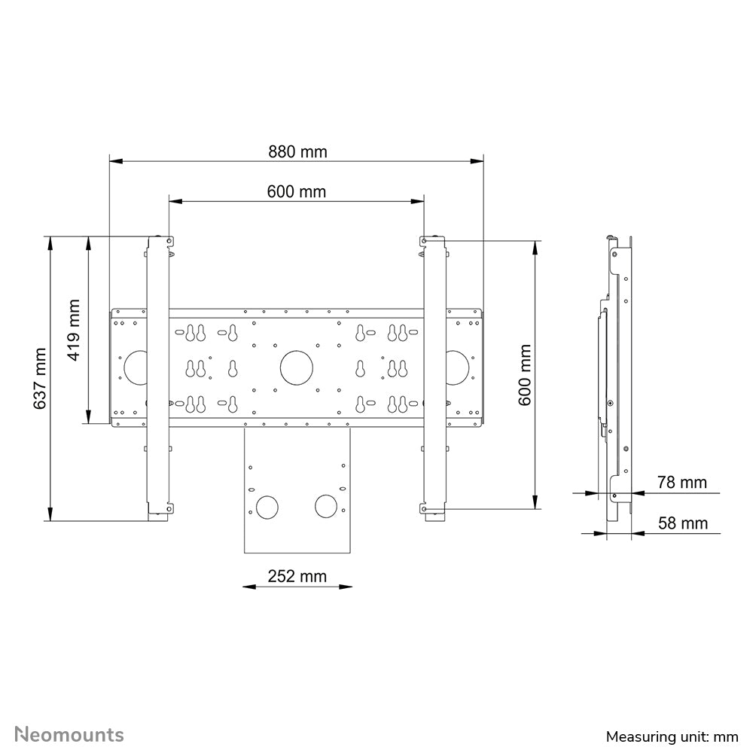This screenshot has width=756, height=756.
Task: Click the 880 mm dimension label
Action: (x=297, y=151)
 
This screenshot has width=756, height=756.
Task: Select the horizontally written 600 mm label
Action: (x=296, y=191)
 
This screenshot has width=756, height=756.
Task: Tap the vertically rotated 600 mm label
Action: (x=525, y=374)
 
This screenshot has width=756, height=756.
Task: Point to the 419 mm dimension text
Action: (x=73, y=330)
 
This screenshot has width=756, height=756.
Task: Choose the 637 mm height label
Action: (x=40, y=378)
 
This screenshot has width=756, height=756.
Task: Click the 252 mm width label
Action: (x=297, y=576)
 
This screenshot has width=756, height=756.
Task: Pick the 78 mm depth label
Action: (x=682, y=482)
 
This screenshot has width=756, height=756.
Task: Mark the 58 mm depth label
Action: (x=682, y=523)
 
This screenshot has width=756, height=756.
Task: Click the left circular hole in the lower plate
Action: (x=267, y=506)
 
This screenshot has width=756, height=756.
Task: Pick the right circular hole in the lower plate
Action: (x=326, y=506)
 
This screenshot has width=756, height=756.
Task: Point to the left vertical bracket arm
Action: (x=158, y=376)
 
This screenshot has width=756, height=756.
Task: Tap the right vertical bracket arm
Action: (x=434, y=376)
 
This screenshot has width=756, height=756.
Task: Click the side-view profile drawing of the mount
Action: (x=617, y=376)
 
